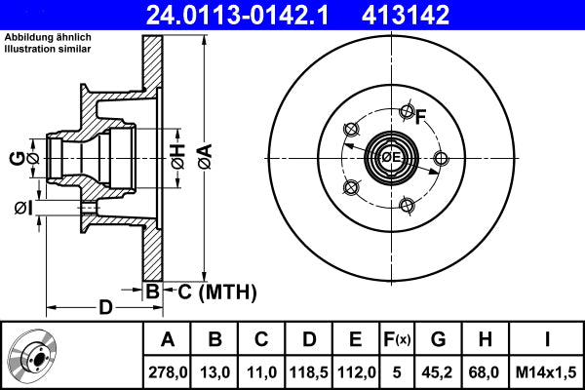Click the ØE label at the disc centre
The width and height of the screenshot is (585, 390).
392,156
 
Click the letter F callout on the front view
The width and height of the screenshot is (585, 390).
421,118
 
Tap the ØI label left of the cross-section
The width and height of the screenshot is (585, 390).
22,207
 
